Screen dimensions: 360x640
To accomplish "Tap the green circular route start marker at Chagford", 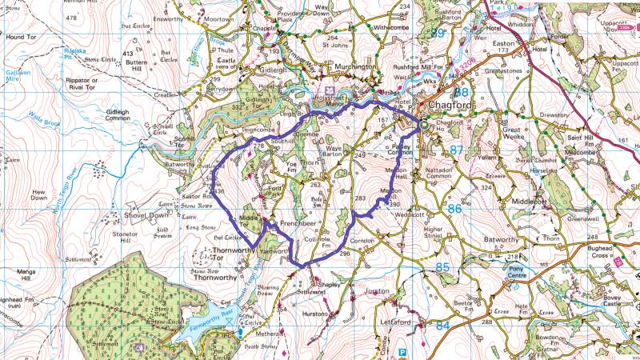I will (425, 124).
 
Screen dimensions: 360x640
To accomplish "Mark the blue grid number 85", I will (442, 266).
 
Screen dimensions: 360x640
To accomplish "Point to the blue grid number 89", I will (437, 34).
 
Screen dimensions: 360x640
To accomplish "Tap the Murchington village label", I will (350, 68).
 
